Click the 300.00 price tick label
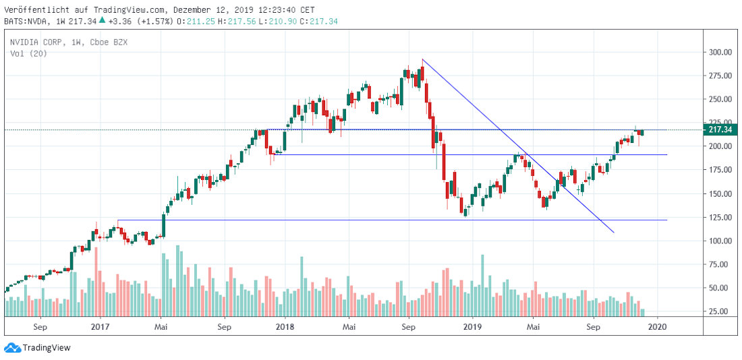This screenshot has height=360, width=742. pyautogui.click(x=719, y=52)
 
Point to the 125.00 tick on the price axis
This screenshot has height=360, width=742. pyautogui.click(x=719, y=217)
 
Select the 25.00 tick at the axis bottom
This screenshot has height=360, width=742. pyautogui.click(x=719, y=311)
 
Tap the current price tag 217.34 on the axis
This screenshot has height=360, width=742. pyautogui.click(x=719, y=129)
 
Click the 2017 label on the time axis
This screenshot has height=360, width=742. pyautogui.click(x=99, y=327)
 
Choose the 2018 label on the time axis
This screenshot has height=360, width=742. pyautogui.click(x=285, y=327)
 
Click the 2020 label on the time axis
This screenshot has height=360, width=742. pyautogui.click(x=658, y=327)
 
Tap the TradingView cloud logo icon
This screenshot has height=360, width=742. pyautogui.click(x=12, y=348)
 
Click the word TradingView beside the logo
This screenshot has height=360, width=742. pyautogui.click(x=47, y=348)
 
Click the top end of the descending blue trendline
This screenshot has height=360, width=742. pyautogui.click(x=422, y=59)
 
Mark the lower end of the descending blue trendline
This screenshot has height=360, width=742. pyautogui.click(x=614, y=233)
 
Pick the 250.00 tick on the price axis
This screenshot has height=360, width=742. pyautogui.click(x=719, y=99)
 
